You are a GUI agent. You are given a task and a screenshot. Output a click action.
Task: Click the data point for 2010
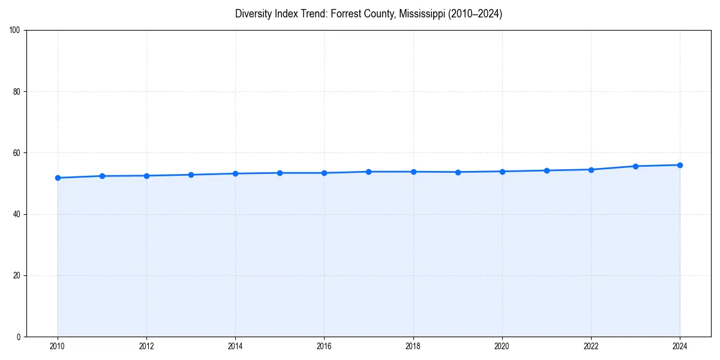pyautogui.click(x=58, y=178)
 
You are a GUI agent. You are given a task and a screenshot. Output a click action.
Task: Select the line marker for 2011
pyautogui.click(x=102, y=176)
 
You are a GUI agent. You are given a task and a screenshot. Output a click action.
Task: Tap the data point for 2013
pyautogui.click(x=191, y=175)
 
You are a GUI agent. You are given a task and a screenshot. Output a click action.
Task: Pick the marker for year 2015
pyautogui.click(x=280, y=173)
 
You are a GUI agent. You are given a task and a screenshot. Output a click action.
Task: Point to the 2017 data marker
pyautogui.click(x=368, y=172)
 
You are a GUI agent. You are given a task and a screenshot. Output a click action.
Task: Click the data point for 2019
pyautogui.click(x=458, y=172)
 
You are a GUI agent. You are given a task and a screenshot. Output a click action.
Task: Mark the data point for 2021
pyautogui.click(x=547, y=170)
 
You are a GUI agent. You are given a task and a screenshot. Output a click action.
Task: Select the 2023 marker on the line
pyautogui.click(x=635, y=166)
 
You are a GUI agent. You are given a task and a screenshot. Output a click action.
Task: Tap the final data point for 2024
pyautogui.click(x=680, y=165)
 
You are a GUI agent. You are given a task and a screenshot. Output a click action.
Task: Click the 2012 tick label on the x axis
pyautogui.click(x=146, y=346)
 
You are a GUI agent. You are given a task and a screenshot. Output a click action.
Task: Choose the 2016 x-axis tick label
pyautogui.click(x=324, y=346)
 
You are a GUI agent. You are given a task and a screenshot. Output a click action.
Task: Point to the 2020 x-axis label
pyautogui.click(x=502, y=346)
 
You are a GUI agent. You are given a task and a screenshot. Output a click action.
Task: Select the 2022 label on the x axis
pyautogui.click(x=591, y=346)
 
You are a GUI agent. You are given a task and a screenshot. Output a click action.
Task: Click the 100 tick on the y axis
pyautogui.click(x=16, y=31)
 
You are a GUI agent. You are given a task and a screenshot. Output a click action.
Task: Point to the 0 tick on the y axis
pyautogui.click(x=19, y=337)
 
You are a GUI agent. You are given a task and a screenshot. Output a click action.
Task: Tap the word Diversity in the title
pyautogui.click(x=253, y=14)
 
